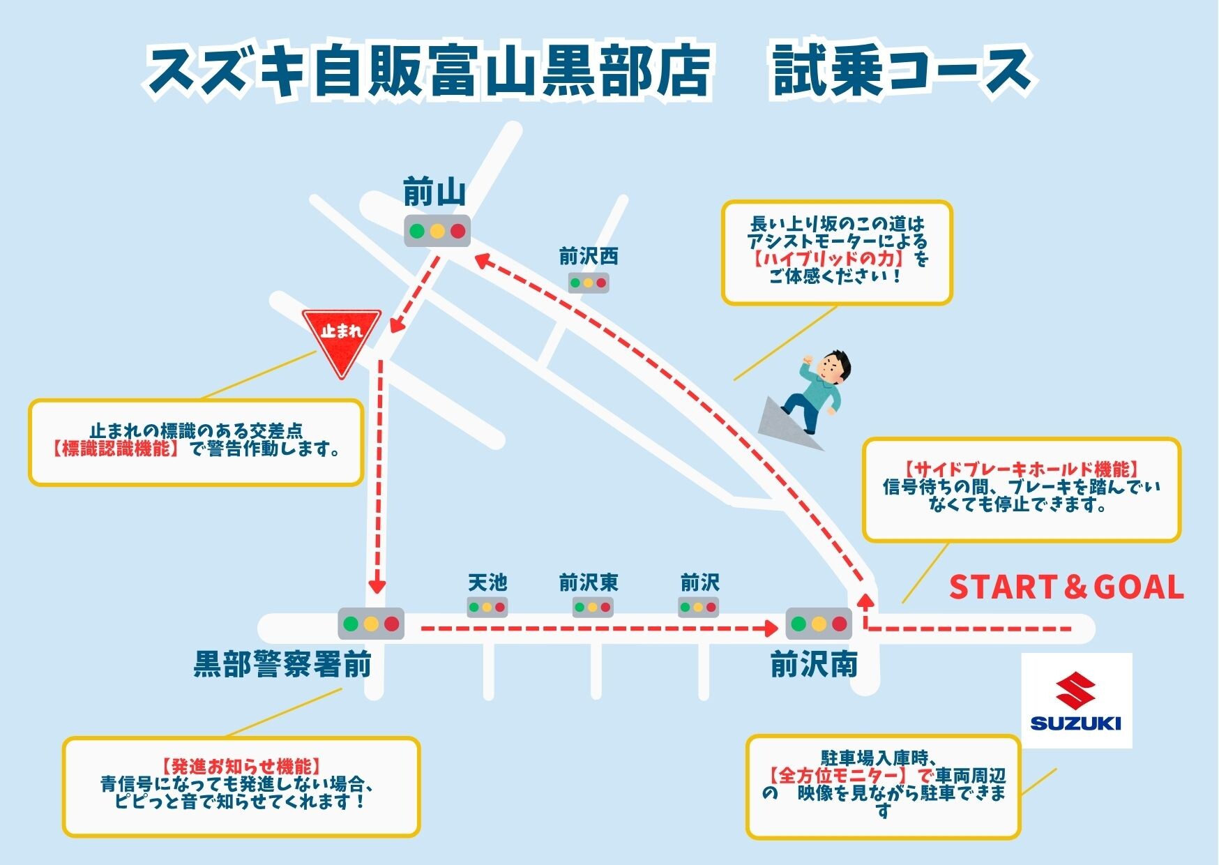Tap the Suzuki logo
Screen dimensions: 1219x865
coord(1076,700)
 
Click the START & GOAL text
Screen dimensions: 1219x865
coord(1066,587)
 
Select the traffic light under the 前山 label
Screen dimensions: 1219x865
coord(437,231)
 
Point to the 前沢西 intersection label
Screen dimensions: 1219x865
coord(589,257)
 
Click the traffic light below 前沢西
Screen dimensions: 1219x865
coord(589,283)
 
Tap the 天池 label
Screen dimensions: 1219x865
coord(487,582)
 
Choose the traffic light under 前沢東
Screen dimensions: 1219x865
coord(593,607)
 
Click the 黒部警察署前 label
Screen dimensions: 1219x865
coord(282,665)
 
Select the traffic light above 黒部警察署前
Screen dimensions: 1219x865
coord(371,624)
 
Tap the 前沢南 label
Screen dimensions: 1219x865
coord(813,665)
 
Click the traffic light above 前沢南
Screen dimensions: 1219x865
coord(819,624)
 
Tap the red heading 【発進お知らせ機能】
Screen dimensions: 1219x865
coord(241,766)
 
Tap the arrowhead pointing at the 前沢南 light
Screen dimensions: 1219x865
coord(771,629)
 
